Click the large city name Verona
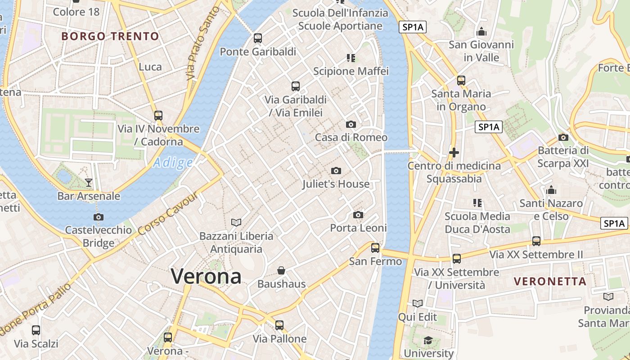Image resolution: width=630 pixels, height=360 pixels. pyautogui.click(x=206, y=276)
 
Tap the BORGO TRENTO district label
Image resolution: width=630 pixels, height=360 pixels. pyautogui.click(x=110, y=36)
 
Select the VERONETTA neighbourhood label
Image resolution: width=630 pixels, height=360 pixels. pyautogui.click(x=550, y=282)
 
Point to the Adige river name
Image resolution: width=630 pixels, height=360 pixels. pyautogui.click(x=173, y=162)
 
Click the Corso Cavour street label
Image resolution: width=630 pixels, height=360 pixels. pyautogui.click(x=168, y=214)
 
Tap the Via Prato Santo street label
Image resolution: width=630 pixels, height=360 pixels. pyautogui.click(x=203, y=44)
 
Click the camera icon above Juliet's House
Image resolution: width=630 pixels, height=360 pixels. pyautogui.click(x=336, y=171)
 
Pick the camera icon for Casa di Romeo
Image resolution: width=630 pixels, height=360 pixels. pyautogui.click(x=351, y=124)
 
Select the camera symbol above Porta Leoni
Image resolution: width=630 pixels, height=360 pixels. pyautogui.click(x=358, y=215)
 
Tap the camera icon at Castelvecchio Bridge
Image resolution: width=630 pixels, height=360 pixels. pyautogui.click(x=99, y=217)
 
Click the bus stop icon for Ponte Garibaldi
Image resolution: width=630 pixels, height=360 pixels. pyautogui.click(x=258, y=38)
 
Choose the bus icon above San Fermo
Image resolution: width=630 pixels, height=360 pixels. pyautogui.click(x=375, y=247)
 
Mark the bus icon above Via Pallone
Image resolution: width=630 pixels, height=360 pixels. pyautogui.click(x=279, y=325)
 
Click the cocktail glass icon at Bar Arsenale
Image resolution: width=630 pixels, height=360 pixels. pyautogui.click(x=89, y=182)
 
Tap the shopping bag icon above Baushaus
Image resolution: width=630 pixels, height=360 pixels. pyautogui.click(x=281, y=270)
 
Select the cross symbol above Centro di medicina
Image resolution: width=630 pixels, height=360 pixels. pyautogui.click(x=454, y=153)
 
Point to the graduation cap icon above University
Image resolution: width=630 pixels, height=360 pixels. pyautogui.click(x=428, y=340)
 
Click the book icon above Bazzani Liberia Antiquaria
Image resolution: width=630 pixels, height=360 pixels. pyautogui.click(x=236, y=222)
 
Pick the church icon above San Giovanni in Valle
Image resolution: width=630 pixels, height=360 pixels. pyautogui.click(x=481, y=32)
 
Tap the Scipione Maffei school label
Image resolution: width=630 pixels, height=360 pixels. pyautogui.click(x=351, y=71)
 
